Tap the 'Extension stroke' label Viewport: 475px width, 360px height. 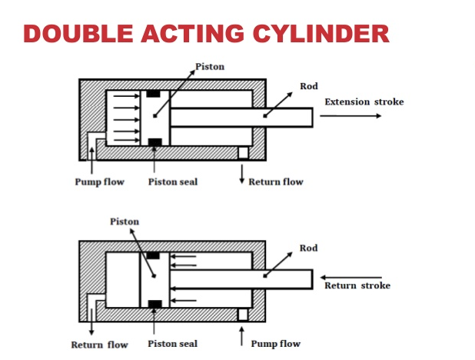click(x=364, y=102)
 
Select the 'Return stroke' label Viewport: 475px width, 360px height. click(x=357, y=285)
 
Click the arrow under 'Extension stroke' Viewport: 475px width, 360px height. click(x=350, y=116)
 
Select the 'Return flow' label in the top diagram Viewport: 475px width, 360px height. click(x=275, y=182)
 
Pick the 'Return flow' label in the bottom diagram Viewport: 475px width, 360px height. click(x=99, y=345)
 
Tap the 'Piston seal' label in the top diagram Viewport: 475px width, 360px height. click(x=173, y=182)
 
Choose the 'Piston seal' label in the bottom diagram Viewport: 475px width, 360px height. click(x=173, y=344)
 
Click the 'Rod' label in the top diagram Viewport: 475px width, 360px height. click(x=308, y=86)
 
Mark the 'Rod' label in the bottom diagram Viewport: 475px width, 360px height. click(x=308, y=248)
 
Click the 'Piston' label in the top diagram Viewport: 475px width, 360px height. click(x=210, y=67)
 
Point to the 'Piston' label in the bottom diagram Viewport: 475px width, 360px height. click(x=125, y=222)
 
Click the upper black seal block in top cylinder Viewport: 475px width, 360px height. click(x=154, y=94)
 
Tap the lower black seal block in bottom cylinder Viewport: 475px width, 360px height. click(x=154, y=303)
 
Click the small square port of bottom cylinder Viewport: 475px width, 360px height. click(x=243, y=315)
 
